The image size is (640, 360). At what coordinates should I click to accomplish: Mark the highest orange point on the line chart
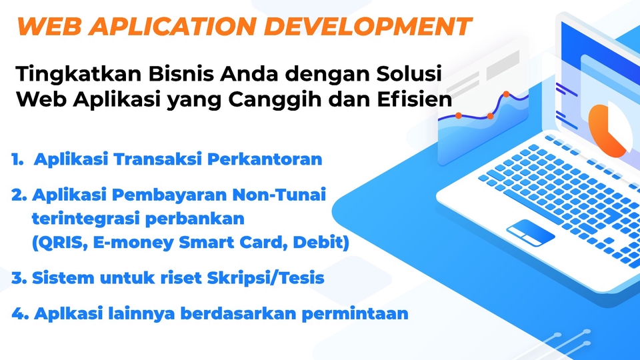coord(506,94)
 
